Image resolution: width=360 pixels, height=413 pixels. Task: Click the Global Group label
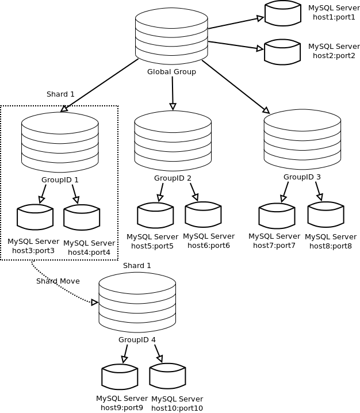coord(171,72)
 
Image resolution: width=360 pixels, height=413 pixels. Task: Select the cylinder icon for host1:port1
coord(283,13)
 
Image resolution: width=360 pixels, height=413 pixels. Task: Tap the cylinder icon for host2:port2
coord(282,52)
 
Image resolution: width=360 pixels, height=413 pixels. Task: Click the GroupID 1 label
coord(60,179)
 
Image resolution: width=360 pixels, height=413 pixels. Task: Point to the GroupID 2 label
coord(173,178)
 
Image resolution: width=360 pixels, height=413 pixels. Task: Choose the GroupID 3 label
coord(302,177)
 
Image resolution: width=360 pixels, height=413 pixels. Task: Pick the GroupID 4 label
coord(137,339)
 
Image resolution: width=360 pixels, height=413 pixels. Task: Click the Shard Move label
coord(58,281)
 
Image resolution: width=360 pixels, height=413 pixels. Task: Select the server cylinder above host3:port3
coord(35,217)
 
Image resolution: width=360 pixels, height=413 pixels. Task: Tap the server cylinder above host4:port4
coord(82,217)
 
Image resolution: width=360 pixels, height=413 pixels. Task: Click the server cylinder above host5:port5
coord(155,215)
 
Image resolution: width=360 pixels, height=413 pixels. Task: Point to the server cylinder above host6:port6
coord(203,215)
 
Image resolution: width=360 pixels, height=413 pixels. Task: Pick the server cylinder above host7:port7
coord(277,216)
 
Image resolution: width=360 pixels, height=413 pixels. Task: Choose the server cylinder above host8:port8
coord(325,215)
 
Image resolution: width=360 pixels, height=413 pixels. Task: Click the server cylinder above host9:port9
coord(120,377)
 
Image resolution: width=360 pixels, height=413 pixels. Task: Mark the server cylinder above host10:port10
coord(167,376)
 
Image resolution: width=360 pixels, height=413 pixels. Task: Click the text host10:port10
coord(177,408)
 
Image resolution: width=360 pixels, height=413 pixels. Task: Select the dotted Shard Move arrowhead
coord(95,302)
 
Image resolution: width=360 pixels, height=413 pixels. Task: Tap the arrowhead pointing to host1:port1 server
coord(261,18)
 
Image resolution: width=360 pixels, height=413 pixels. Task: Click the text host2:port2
coord(334,55)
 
